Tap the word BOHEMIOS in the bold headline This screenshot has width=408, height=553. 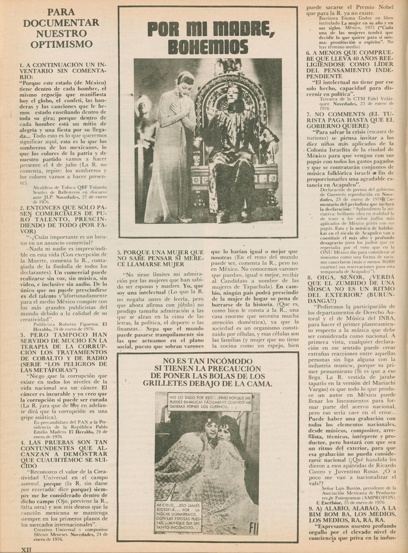coord(208,46)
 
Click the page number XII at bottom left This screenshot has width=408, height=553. coord(27,548)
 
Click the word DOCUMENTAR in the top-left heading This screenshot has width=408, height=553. coord(61,23)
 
